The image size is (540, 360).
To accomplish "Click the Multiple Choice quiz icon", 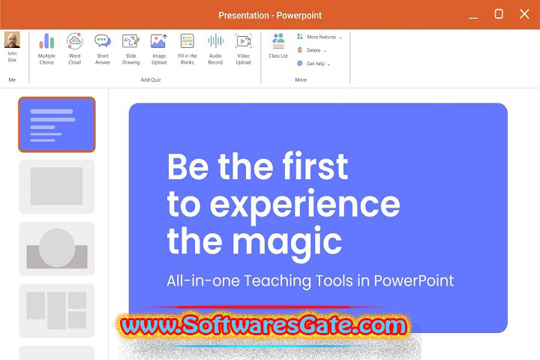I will coord(46,42).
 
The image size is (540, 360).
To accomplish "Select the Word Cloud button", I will coord(74,42).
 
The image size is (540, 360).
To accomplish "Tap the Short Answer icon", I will coord(103,42).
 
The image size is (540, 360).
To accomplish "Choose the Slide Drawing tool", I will coord(130,42).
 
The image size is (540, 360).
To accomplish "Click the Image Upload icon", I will coord(159,42).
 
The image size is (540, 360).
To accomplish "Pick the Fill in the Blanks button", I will coord(187,42).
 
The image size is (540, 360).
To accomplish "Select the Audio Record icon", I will coord(215,42).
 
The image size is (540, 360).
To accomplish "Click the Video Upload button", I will coord(243,42).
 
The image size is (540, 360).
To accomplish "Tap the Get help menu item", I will coord(314,64).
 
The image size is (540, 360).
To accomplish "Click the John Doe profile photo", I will coord(12,40).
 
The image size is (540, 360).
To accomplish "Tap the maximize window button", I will coord(499,14).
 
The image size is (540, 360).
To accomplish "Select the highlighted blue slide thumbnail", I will coord(57,124).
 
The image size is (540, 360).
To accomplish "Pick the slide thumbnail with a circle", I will coord(57,248).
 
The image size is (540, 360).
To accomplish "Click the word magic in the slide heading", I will coord(295,241).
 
